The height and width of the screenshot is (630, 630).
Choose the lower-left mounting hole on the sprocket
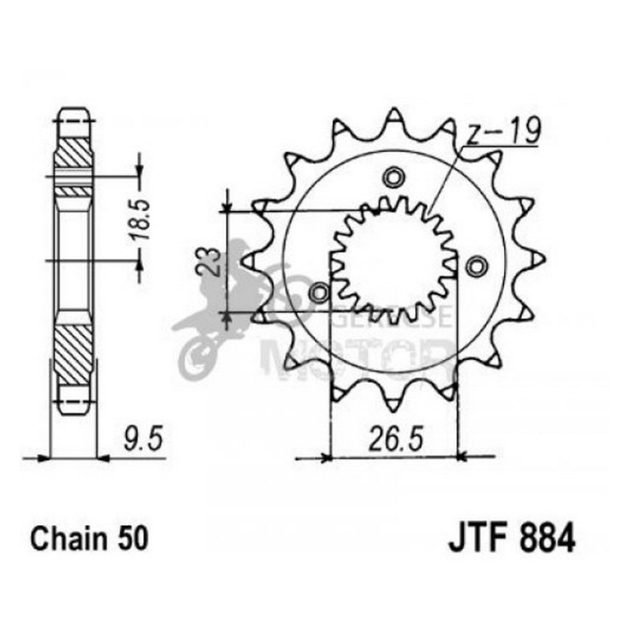tap(319, 291)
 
